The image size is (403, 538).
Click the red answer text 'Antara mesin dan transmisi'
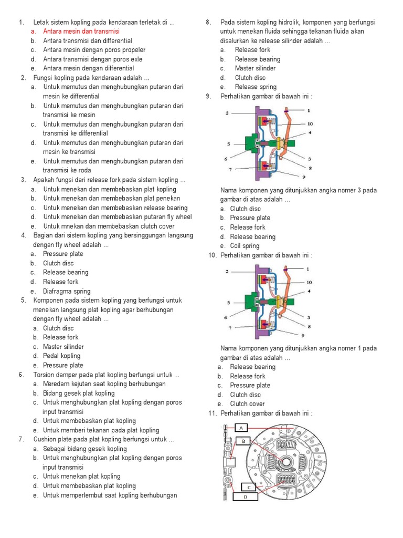coord(81,32)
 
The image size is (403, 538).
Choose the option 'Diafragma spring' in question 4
coord(67,291)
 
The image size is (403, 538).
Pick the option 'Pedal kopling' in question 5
coord(62,356)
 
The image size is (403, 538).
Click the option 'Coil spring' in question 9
coord(245,246)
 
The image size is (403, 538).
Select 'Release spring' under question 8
coord(256,87)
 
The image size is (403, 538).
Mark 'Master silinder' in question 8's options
coord(255,68)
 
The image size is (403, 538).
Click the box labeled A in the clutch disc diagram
coord(241,428)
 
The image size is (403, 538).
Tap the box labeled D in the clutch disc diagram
coord(245,496)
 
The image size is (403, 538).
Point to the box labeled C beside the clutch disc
coord(249,487)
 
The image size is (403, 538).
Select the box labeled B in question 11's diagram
coord(244,441)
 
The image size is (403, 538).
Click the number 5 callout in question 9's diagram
coord(229,143)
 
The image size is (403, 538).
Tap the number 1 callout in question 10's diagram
coord(309,268)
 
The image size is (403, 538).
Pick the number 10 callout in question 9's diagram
coord(310,124)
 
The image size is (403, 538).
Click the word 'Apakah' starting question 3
coord(44,180)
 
